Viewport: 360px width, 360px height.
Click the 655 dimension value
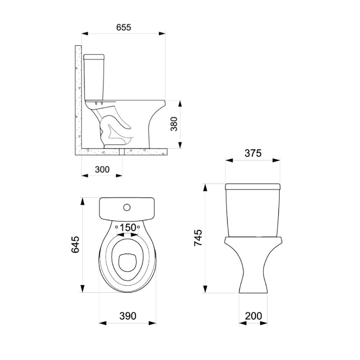(x=123, y=27)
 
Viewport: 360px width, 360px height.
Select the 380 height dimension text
(x=174, y=124)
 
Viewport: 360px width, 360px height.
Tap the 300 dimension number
(x=102, y=169)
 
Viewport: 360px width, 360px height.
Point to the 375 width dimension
(x=253, y=153)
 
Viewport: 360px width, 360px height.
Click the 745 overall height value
(x=198, y=238)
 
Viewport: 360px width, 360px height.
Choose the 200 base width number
(x=253, y=316)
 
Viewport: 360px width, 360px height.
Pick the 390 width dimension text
(x=127, y=316)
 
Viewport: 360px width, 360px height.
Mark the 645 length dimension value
(x=75, y=245)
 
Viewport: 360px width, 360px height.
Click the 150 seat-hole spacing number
(x=128, y=228)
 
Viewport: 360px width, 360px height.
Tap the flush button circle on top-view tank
(x=127, y=207)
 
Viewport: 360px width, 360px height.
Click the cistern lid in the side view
(x=94, y=57)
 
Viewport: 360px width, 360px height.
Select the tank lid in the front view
(x=253, y=186)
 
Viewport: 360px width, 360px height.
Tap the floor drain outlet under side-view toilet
(x=122, y=152)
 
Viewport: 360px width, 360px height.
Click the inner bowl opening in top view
(x=126, y=261)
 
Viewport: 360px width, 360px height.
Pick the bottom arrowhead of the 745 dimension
(x=205, y=289)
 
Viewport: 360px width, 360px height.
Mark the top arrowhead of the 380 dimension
(x=180, y=104)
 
